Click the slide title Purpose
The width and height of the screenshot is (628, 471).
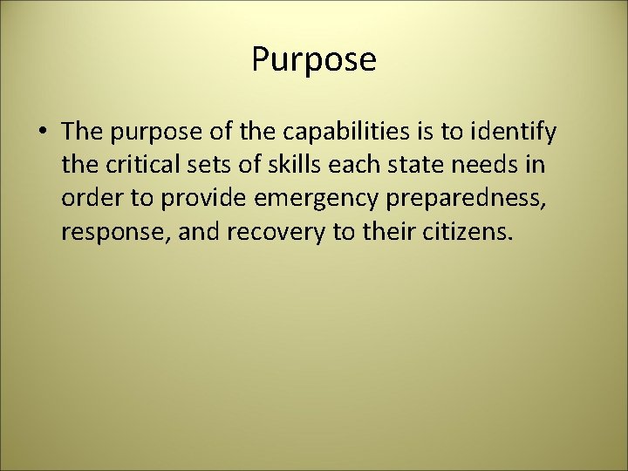click(314, 60)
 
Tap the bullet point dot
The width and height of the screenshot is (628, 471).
click(44, 133)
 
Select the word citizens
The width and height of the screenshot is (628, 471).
click(462, 231)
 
